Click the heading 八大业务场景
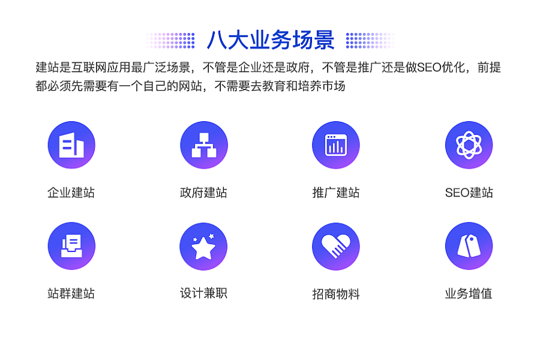point(271,40)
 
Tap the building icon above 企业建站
point(71,145)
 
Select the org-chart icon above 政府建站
point(204,145)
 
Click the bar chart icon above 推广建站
point(336,145)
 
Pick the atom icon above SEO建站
point(469,145)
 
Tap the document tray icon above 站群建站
point(71,246)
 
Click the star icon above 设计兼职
point(203,247)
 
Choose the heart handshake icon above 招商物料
point(336,247)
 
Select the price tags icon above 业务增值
point(469,246)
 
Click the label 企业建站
point(71,193)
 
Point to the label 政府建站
point(203,193)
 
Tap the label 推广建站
point(336,193)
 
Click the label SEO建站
point(469,193)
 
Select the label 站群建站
point(71,293)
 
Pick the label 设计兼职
point(203,293)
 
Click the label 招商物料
point(336,294)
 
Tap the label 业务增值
point(469,293)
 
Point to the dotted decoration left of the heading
point(170,40)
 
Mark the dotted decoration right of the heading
point(371,40)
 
